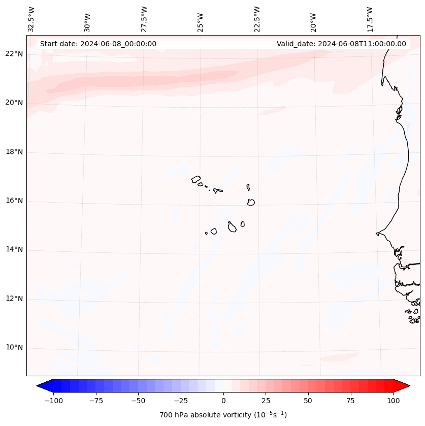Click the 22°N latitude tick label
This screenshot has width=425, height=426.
pos(14,54)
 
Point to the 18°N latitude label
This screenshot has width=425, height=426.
pos(14,152)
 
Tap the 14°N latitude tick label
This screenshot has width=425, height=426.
pos(14,249)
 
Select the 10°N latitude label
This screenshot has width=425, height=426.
pos(14,347)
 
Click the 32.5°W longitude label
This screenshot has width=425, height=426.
pos(31,19)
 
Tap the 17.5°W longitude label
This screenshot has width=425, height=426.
pos(370,19)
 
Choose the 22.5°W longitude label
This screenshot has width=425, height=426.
pos(257,19)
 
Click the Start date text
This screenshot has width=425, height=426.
pos(98,44)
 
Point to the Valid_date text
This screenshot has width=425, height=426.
pos(341,44)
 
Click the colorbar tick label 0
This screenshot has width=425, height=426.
pos(223,401)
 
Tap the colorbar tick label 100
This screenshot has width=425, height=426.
pos(394,401)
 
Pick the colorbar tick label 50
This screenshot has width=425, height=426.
pos(308,401)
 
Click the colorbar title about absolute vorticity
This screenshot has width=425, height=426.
pos(223,415)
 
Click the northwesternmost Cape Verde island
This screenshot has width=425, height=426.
pos(196,179)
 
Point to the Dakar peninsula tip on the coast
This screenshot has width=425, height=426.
pos(377,234)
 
